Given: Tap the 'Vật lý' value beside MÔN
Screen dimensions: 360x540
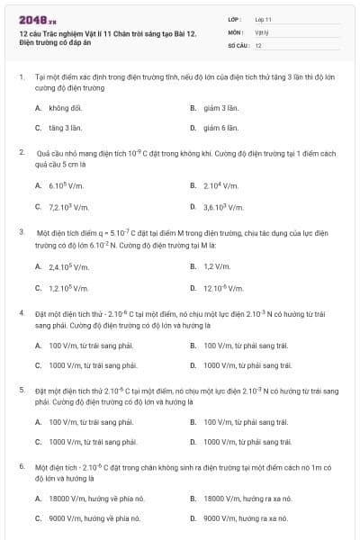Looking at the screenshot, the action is click(x=262, y=31).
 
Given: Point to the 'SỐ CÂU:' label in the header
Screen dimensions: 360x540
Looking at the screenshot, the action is click(x=238, y=45).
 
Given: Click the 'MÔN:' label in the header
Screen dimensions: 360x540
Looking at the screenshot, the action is click(x=236, y=31).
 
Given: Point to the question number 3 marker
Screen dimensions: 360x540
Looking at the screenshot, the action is click(x=21, y=231).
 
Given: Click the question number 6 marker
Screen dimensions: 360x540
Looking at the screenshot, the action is click(x=21, y=467).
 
